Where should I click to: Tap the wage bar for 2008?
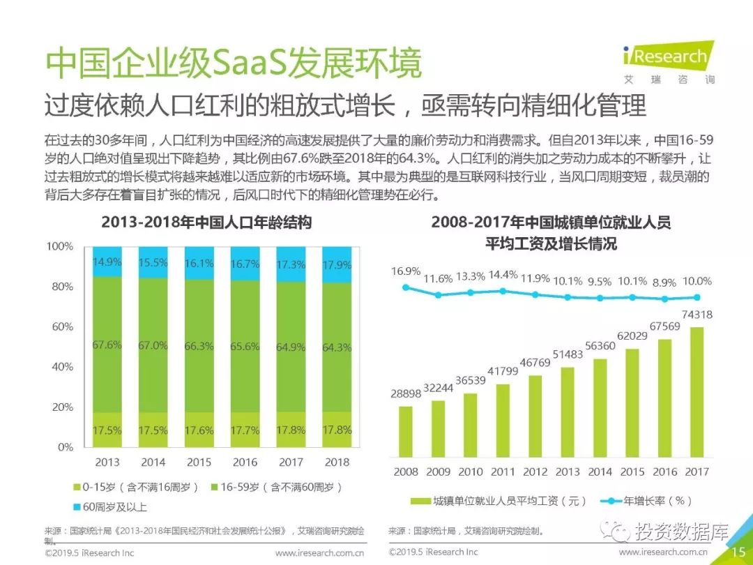pos(406,426)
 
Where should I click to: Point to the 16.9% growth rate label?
pos(406,271)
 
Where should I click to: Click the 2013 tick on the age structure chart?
pos(107,462)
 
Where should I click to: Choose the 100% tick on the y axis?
pos(60,246)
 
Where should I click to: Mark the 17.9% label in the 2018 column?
pos(337,265)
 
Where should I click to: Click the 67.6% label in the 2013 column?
pos(107,345)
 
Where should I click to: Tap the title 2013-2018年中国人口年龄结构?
pos(206,223)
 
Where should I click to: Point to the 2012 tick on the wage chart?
pos(535,472)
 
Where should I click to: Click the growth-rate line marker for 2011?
pos(503,291)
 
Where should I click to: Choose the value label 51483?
pos(567,355)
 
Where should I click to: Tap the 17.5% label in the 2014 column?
pos(153,431)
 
